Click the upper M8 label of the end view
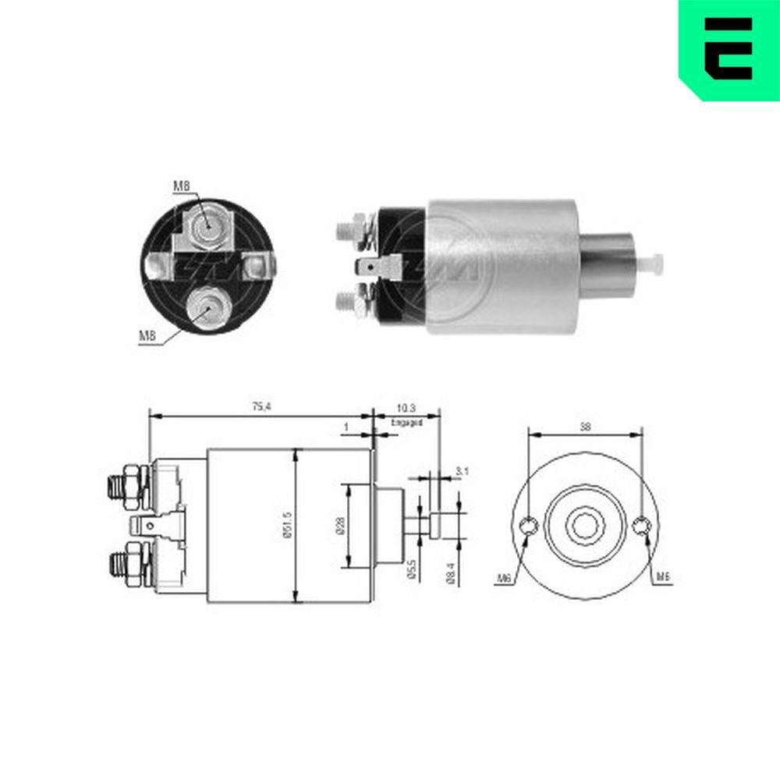click(181, 186)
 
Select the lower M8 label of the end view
click(148, 336)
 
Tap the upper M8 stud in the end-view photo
click(208, 227)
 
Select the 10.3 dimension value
click(406, 408)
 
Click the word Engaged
click(406, 422)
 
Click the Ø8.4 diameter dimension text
click(450, 573)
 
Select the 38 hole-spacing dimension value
click(585, 427)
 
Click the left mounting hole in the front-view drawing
click(529, 526)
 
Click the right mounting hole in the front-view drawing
click(641, 526)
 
